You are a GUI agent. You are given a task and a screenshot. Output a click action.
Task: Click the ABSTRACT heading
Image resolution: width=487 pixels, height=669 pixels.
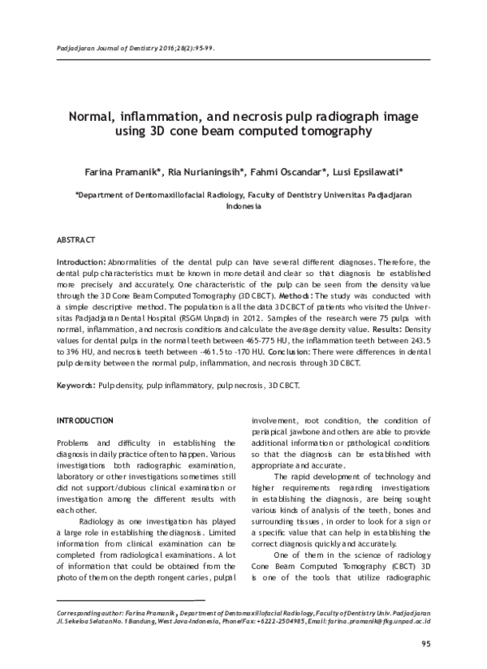[75, 240]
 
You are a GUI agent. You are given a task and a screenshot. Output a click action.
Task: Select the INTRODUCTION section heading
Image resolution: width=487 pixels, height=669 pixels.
[84, 421]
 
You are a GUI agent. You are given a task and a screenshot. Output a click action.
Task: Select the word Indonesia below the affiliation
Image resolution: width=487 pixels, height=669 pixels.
[243, 207]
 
